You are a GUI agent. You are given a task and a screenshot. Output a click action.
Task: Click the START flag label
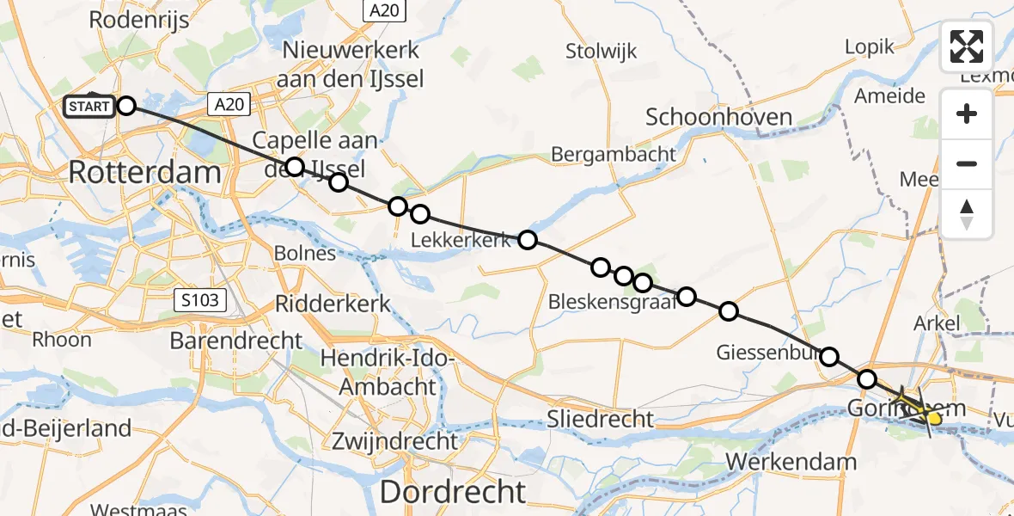point(89,107)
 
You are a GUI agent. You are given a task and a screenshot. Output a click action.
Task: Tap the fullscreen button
point(967,46)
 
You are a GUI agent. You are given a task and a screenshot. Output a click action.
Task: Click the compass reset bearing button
point(967,214)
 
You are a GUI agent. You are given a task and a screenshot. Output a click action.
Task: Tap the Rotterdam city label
point(144,172)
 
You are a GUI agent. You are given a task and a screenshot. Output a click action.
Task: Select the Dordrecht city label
point(452,492)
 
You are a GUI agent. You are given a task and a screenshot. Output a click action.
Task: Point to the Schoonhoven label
point(718,117)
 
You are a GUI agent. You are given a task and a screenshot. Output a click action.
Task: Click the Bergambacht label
point(614,155)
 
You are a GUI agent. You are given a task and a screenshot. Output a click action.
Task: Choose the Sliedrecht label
point(601,420)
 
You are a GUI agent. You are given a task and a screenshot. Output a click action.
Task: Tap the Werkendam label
point(791,462)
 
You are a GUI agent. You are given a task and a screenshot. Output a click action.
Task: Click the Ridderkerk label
point(333,304)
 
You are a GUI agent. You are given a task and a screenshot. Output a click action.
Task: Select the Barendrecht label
point(236,341)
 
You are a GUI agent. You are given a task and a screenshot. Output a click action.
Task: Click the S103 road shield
point(200,300)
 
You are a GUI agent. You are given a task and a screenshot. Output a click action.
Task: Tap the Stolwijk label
point(602,52)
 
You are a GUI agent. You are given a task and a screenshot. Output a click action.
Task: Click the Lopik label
point(870,46)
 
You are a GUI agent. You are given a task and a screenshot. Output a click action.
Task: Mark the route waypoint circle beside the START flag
point(126,106)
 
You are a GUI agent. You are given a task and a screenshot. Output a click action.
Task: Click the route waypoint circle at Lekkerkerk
point(528,240)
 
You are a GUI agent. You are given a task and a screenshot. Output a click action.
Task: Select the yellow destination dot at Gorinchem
point(935,418)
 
